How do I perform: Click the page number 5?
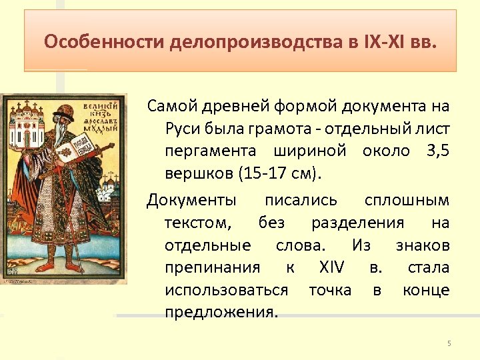click(x=449, y=343)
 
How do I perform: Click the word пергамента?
click(x=206, y=151)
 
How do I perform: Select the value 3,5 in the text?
click(x=436, y=151)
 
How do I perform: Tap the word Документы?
click(x=191, y=199)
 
